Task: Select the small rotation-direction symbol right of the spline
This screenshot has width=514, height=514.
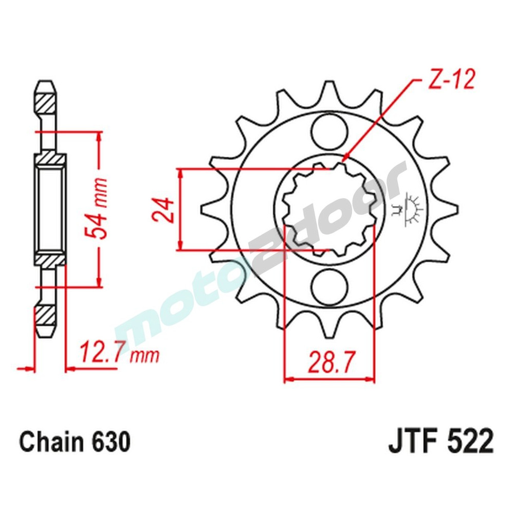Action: pos(411,208)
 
